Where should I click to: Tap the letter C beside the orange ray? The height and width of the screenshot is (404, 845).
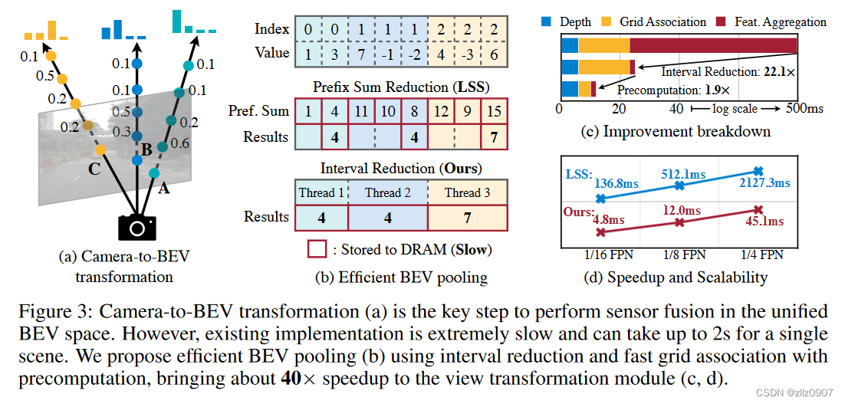pos(94,169)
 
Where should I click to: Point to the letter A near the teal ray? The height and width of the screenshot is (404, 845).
pos(163,189)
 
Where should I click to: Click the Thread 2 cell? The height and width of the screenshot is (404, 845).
pos(387,192)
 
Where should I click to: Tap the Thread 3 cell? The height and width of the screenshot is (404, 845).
pos(467,192)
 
